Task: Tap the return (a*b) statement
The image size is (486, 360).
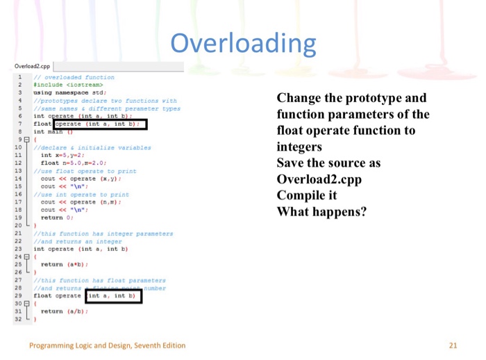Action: point(63,264)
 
